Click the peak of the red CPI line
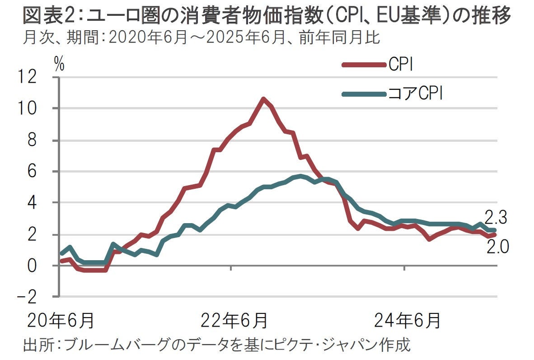[263, 99]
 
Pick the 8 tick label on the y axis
[44, 140]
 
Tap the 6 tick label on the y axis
[44, 172]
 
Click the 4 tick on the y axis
[44, 203]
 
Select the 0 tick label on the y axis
[44, 266]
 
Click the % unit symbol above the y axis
[59, 65]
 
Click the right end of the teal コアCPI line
[495, 230]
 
